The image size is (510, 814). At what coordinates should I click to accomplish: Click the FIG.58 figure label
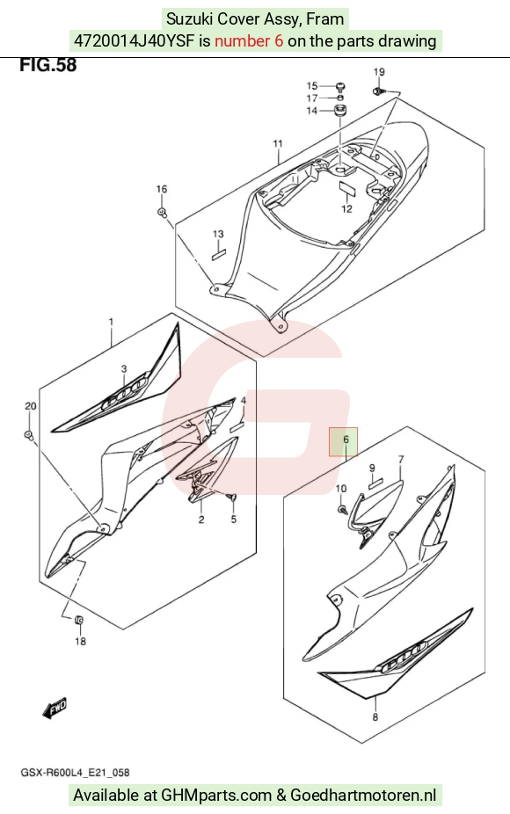47,65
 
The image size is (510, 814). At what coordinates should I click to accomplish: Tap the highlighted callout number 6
346,440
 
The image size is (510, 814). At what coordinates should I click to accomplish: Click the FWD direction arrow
55,709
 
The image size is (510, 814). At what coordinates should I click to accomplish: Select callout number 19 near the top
379,71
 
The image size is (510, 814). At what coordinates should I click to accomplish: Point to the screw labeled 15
340,86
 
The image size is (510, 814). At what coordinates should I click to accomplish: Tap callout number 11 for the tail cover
278,144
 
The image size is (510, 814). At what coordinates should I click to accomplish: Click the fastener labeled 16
162,212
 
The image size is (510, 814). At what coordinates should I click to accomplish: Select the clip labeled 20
29,434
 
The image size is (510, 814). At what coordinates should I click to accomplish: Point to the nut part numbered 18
79,620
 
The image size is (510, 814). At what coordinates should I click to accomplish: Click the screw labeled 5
233,498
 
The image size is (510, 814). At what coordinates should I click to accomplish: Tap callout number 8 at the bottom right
375,717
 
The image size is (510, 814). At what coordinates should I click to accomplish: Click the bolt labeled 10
342,509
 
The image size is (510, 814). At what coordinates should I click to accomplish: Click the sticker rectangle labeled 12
347,187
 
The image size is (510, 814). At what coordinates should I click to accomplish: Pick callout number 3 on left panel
124,368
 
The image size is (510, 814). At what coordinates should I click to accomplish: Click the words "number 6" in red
249,41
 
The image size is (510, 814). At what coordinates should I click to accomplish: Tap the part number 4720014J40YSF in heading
135,41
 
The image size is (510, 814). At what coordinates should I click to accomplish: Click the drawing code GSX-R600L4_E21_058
75,773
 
